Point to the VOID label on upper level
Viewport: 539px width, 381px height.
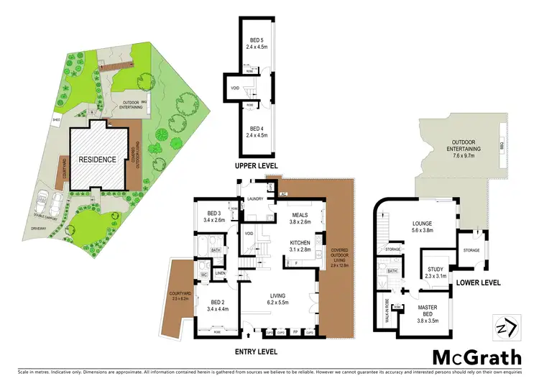pos(234,89)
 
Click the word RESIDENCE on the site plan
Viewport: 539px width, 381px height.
pos(97,159)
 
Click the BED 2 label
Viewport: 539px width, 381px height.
pos(216,305)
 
